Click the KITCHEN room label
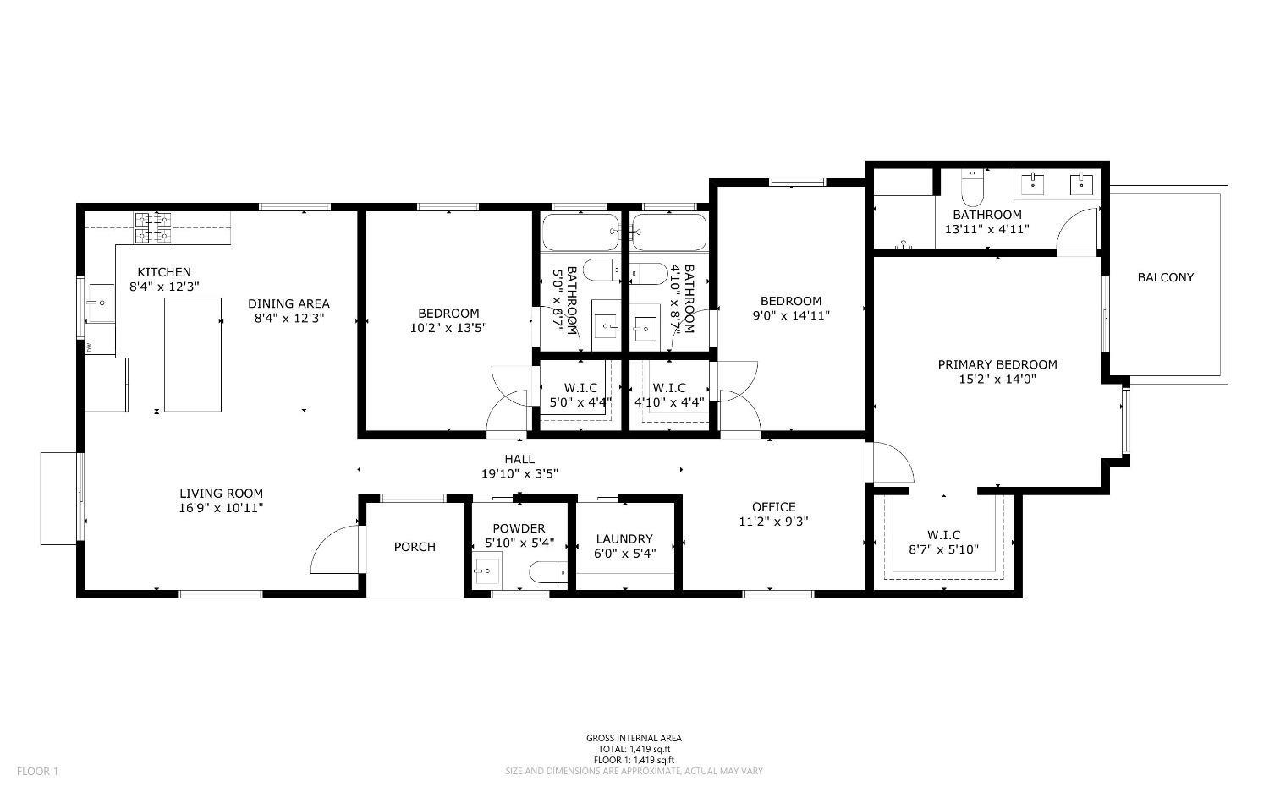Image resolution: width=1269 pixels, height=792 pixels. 164,272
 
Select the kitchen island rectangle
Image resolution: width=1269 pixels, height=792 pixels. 193,354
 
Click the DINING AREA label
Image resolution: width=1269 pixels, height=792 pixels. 288,303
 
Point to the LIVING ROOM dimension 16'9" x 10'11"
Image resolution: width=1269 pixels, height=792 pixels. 221,508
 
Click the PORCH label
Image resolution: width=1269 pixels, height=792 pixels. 415,547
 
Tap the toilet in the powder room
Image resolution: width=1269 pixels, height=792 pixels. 549,572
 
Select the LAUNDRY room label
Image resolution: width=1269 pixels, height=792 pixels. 624,539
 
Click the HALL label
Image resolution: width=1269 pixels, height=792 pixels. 519,459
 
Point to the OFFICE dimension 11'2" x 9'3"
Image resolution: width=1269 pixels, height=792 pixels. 773,522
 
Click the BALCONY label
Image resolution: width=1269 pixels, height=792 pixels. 1165,277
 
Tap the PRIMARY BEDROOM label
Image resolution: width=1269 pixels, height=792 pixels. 997,364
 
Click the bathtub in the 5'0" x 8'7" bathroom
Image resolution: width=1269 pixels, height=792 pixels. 580,232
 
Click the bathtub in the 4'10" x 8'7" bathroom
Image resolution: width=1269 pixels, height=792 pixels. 669,232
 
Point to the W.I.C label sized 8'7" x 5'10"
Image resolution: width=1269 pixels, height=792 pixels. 943,535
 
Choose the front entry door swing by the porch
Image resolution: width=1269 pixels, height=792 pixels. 334,549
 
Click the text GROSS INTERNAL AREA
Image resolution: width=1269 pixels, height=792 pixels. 634,738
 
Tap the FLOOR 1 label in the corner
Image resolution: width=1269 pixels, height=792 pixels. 37,771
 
